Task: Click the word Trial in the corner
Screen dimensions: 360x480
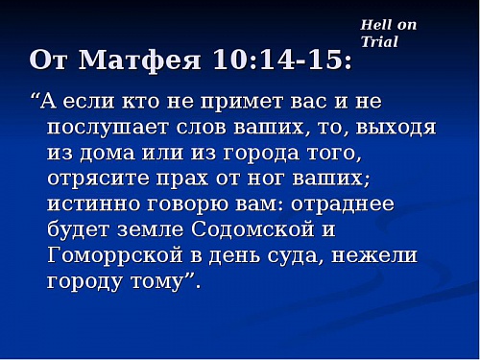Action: point(379,42)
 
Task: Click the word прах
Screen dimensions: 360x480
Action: point(226,179)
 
